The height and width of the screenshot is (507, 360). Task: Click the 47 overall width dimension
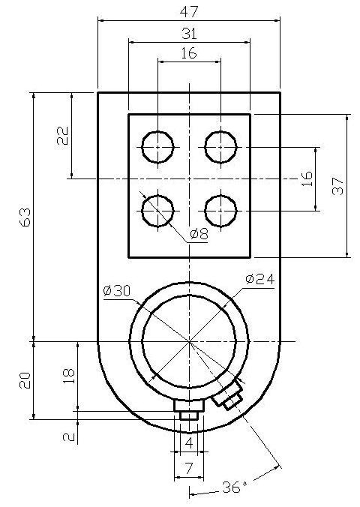[x=189, y=12]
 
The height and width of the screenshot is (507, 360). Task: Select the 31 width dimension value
[x=189, y=34]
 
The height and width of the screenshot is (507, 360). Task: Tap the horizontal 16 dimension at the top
[x=188, y=53]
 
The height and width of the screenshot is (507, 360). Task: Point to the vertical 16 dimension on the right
[x=307, y=178]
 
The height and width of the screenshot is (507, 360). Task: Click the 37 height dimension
[x=337, y=186]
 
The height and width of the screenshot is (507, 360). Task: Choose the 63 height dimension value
[x=25, y=217]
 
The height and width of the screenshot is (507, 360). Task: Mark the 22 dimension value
[x=63, y=136]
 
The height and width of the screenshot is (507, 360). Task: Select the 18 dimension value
[x=69, y=376]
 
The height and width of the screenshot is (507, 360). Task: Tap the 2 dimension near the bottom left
[x=69, y=437]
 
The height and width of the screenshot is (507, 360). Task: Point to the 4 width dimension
[x=189, y=442]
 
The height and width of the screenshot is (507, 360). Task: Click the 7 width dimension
[x=189, y=468]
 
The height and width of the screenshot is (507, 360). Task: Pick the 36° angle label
[x=235, y=487]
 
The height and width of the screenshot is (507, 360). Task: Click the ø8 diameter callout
[x=199, y=233]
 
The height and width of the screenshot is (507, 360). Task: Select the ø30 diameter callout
[x=117, y=291]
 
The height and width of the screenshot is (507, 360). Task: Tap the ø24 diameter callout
[x=259, y=279]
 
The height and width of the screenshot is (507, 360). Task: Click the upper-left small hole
[x=157, y=147]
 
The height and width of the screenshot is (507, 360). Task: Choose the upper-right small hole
[x=221, y=147]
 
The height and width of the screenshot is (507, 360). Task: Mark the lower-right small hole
[x=221, y=211]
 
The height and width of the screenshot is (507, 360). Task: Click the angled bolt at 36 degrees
[x=228, y=394]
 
